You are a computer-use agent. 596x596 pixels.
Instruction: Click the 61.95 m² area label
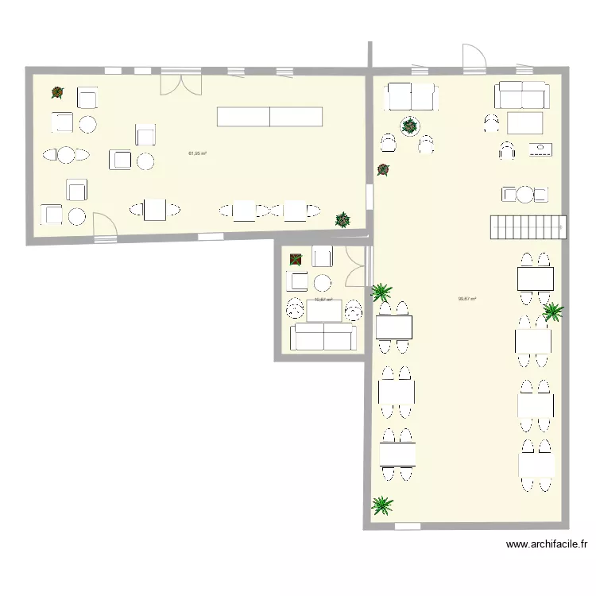[197, 153]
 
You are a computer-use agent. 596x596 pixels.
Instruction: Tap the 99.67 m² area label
[467, 300]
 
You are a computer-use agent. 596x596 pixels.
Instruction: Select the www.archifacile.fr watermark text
[547, 544]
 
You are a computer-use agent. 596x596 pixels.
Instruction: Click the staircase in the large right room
[526, 227]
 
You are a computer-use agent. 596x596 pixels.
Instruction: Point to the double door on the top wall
[181, 81]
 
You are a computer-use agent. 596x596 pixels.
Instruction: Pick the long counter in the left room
[270, 117]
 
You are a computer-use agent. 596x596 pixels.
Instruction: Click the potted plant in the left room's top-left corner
[57, 93]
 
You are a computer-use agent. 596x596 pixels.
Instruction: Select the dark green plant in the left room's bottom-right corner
[343, 218]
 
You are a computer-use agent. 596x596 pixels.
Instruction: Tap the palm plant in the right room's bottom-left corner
[382, 505]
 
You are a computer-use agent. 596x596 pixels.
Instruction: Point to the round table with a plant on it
[410, 125]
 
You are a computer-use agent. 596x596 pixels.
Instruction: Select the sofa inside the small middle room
[322, 337]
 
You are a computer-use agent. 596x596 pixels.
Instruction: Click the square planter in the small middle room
[296, 258]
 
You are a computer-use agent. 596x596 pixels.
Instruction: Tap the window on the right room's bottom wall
[407, 525]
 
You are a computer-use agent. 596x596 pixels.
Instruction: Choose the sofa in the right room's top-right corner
[522, 95]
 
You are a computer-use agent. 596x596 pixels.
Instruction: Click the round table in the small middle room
[322, 282]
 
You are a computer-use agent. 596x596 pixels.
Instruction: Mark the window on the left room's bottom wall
[210, 236]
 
